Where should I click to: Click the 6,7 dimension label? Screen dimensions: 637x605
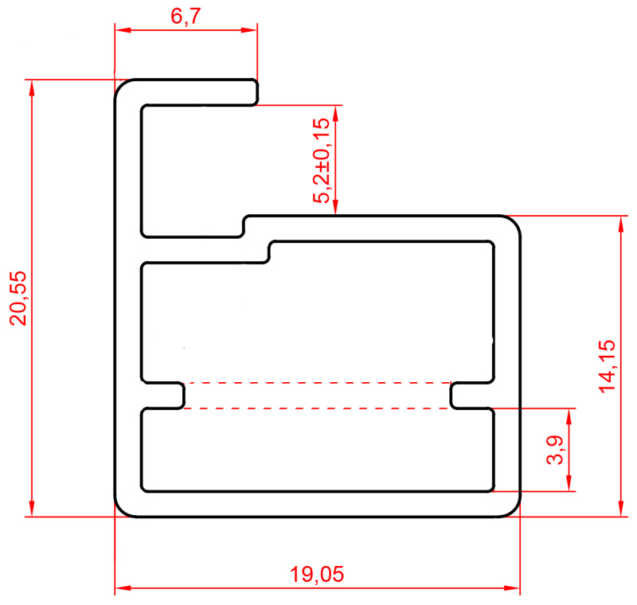pyautogui.click(x=186, y=16)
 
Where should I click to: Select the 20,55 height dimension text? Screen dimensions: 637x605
pyautogui.click(x=18, y=298)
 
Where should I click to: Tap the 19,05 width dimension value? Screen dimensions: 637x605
pyautogui.click(x=317, y=574)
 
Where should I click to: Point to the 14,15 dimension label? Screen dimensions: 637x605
pyautogui.click(x=607, y=366)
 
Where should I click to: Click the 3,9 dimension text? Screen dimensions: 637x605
pyautogui.click(x=555, y=450)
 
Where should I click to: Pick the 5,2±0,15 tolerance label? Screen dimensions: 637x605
pyautogui.click(x=322, y=160)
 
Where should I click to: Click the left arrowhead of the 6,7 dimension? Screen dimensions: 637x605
pyautogui.click(x=123, y=29)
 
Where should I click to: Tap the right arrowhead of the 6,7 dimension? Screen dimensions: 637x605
pyautogui.click(x=249, y=29)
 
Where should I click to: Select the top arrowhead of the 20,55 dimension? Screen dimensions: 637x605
pyautogui.click(x=32, y=88)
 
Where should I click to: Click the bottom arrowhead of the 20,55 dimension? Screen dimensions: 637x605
pyautogui.click(x=32, y=509)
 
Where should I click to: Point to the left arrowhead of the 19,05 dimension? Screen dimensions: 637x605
pyautogui.click(x=123, y=587)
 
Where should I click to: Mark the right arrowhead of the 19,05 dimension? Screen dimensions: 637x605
pyautogui.click(x=512, y=587)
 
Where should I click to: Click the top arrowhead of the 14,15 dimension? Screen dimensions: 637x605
pyautogui.click(x=620, y=224)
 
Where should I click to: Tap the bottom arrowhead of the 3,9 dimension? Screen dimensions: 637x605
pyautogui.click(x=569, y=483)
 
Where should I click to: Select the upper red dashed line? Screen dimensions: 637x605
pyautogui.click(x=317, y=382)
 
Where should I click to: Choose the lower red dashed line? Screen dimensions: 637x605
pyautogui.click(x=317, y=408)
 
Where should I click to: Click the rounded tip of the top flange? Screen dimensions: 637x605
pyautogui.click(x=256, y=92)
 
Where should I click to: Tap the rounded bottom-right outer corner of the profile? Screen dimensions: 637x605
pyautogui.click(x=513, y=510)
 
